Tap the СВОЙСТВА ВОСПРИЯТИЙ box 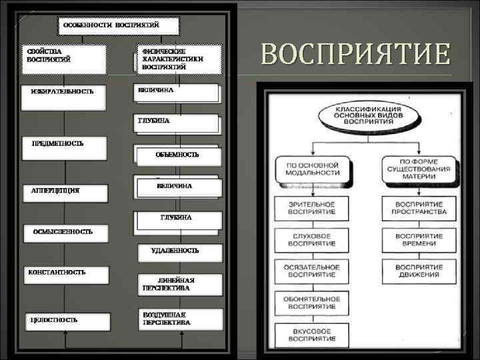(x=62, y=56)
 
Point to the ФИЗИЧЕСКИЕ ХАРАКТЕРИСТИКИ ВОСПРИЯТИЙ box (x=178, y=59)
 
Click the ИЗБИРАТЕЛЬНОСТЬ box (x=62, y=93)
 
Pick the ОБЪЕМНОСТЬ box (x=177, y=155)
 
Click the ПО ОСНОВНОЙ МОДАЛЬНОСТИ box (x=313, y=169)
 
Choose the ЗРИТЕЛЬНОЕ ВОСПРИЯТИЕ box (x=313, y=207)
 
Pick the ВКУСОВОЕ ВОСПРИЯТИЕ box (x=313, y=334)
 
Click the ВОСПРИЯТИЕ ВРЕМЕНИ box (x=419, y=240)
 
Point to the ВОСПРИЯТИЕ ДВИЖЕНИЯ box (x=419, y=271)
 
